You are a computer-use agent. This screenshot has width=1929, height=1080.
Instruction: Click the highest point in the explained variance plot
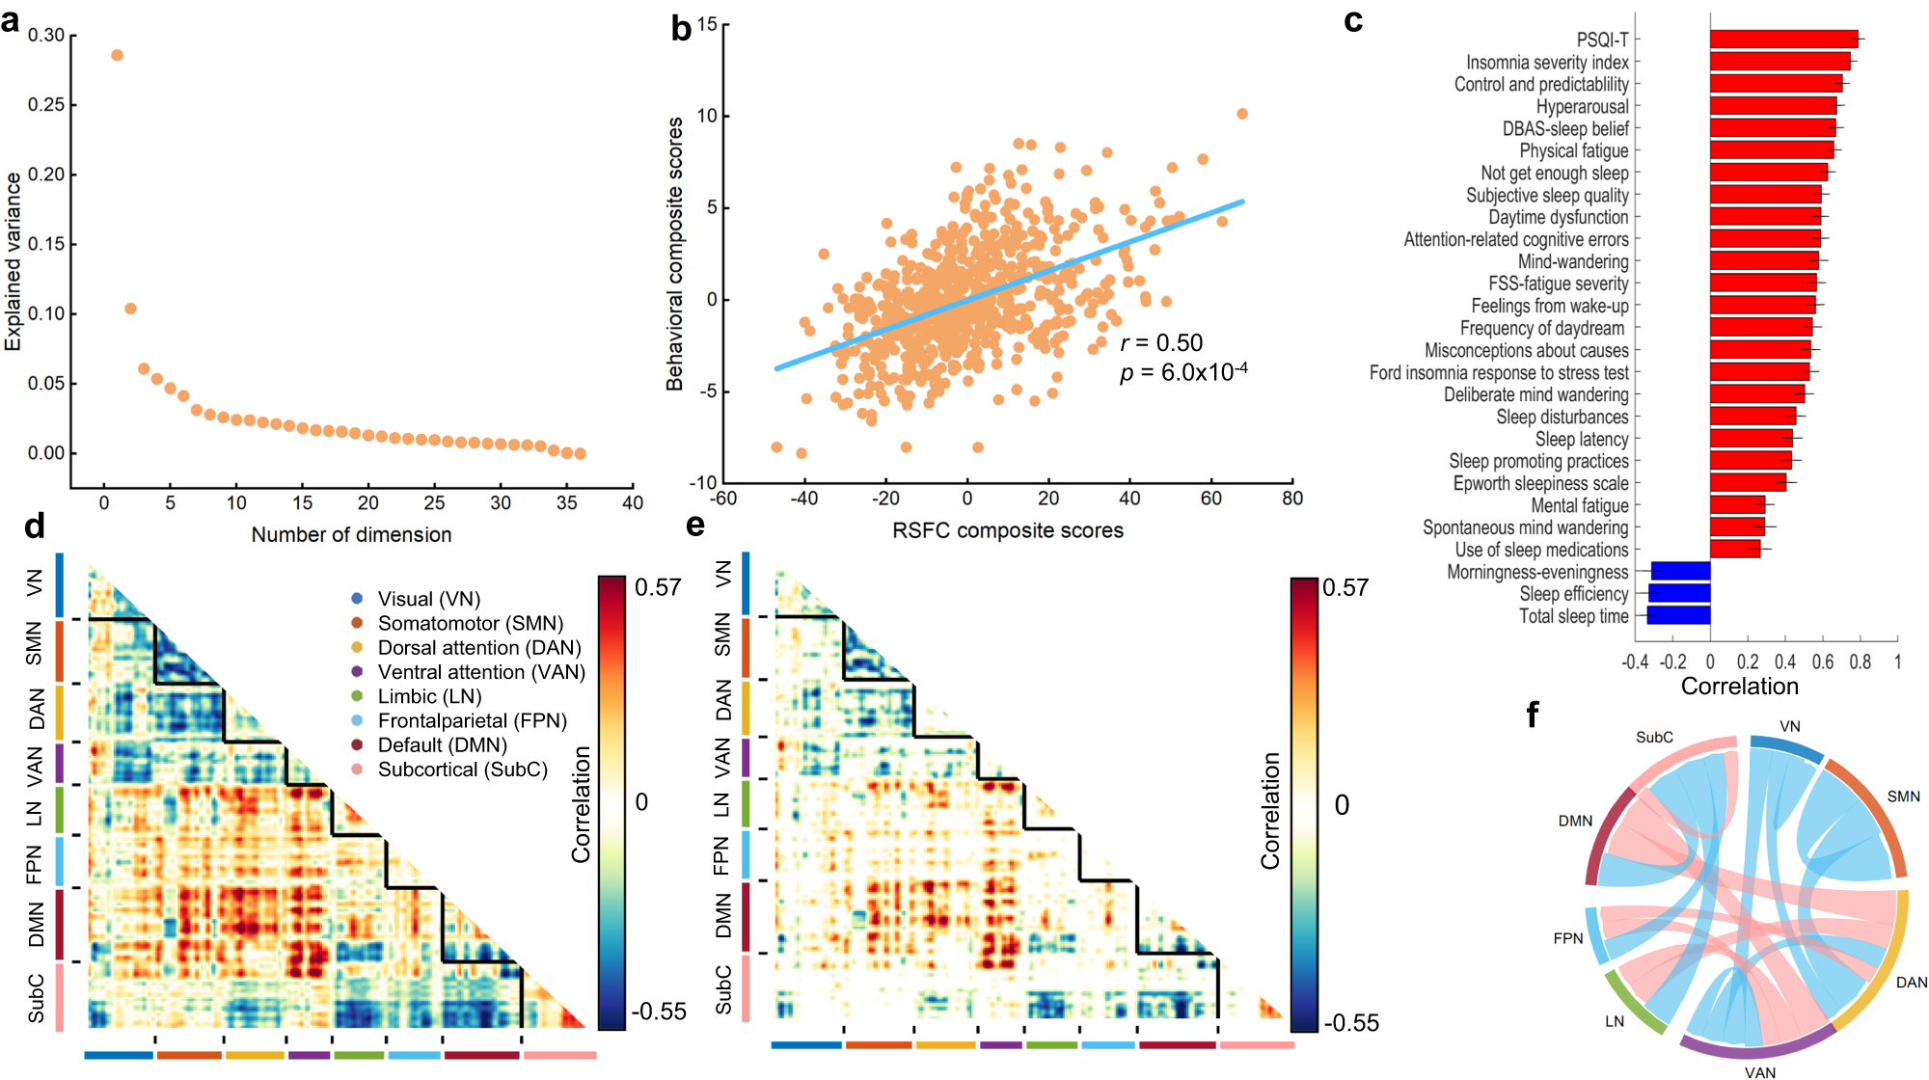click(117, 55)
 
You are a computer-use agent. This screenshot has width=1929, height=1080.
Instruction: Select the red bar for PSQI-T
click(1782, 40)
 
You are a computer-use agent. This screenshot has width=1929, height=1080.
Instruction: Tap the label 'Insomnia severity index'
click(1546, 63)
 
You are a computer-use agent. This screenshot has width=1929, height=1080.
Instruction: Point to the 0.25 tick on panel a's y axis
click(45, 104)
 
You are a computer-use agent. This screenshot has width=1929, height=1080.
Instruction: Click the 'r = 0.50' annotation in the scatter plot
click(1161, 343)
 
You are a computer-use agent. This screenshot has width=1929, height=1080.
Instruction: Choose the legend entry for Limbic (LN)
click(429, 696)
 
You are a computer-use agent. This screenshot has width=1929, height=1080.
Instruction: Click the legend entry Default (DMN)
click(442, 745)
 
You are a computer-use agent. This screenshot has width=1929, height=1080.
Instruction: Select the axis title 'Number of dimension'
click(351, 534)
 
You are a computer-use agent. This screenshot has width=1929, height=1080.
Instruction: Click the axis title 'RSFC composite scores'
click(1007, 530)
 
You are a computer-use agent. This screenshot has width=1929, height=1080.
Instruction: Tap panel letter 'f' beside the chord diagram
click(1532, 715)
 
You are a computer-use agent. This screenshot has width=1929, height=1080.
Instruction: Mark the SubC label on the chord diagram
click(1654, 738)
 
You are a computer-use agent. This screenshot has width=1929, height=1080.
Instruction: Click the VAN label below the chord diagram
click(1759, 1071)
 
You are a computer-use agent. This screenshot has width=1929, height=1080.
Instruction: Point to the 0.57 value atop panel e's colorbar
click(1345, 588)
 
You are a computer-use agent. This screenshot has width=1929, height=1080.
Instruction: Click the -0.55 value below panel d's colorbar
click(658, 1012)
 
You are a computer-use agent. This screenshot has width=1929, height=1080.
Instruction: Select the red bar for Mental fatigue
click(1737, 505)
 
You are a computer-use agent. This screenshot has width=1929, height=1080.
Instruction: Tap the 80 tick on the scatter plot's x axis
click(1291, 499)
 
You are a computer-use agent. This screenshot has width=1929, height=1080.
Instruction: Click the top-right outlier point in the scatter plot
click(1241, 114)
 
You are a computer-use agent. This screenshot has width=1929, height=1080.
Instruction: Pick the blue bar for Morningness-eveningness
click(1680, 572)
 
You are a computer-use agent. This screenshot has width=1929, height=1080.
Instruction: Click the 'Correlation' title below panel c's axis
click(1739, 687)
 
